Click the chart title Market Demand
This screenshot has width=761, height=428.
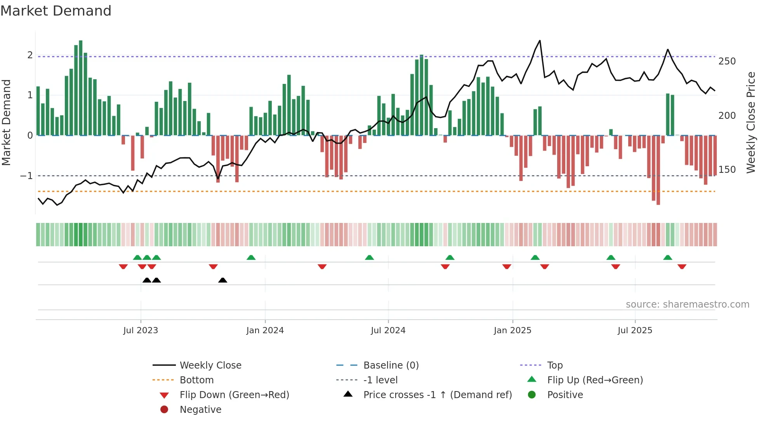tap(56, 11)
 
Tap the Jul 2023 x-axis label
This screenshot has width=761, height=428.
tap(141, 331)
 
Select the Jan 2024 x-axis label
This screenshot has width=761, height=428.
tap(265, 331)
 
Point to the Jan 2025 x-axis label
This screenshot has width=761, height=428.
tap(513, 331)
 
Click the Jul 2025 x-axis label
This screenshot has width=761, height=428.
tap(635, 331)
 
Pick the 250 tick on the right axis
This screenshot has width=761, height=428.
tap(727, 61)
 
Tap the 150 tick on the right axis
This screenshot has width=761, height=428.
tap(727, 170)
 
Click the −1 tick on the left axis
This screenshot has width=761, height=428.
tap(26, 176)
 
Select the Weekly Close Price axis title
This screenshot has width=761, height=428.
tap(751, 122)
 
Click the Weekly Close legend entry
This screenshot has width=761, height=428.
tap(210, 365)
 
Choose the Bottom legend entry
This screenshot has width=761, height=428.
tap(196, 380)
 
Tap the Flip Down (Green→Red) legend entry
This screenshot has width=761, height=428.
tap(234, 395)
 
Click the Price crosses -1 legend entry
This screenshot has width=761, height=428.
tap(437, 395)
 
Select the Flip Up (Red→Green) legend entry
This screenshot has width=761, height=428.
tap(595, 380)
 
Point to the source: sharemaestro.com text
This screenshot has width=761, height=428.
tap(687, 304)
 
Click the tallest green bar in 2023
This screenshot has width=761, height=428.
tap(81, 87)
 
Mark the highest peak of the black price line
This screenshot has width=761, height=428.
tap(540, 41)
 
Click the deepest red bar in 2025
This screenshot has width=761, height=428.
tap(658, 171)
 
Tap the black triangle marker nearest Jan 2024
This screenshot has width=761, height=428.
tap(222, 280)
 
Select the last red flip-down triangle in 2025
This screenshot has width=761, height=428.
tap(682, 266)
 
